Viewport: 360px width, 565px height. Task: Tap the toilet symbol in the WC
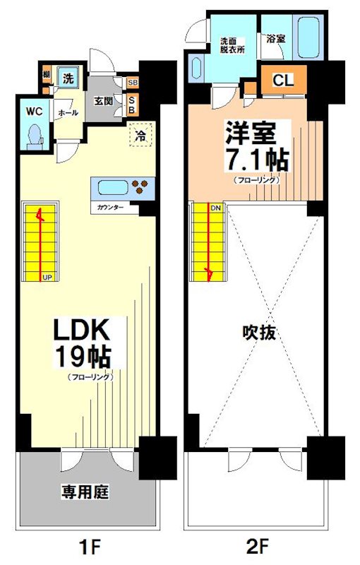point(34,136)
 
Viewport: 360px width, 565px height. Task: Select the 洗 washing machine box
point(67,78)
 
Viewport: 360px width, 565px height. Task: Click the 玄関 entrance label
point(104,100)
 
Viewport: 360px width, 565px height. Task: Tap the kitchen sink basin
point(112,189)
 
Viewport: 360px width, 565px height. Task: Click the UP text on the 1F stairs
point(47,276)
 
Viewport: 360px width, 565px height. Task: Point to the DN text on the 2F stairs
point(216,208)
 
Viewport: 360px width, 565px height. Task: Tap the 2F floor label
point(259,546)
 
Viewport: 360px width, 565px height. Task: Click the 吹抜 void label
point(258,332)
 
